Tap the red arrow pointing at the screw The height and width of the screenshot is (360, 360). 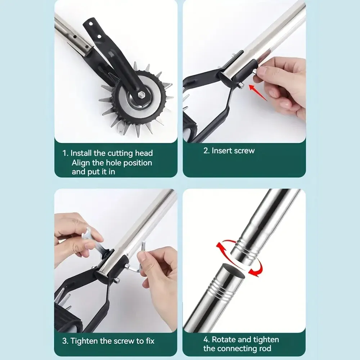257,92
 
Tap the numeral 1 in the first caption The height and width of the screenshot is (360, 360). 65,153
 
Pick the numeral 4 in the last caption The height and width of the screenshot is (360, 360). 206,339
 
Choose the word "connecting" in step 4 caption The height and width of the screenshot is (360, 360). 240,348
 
